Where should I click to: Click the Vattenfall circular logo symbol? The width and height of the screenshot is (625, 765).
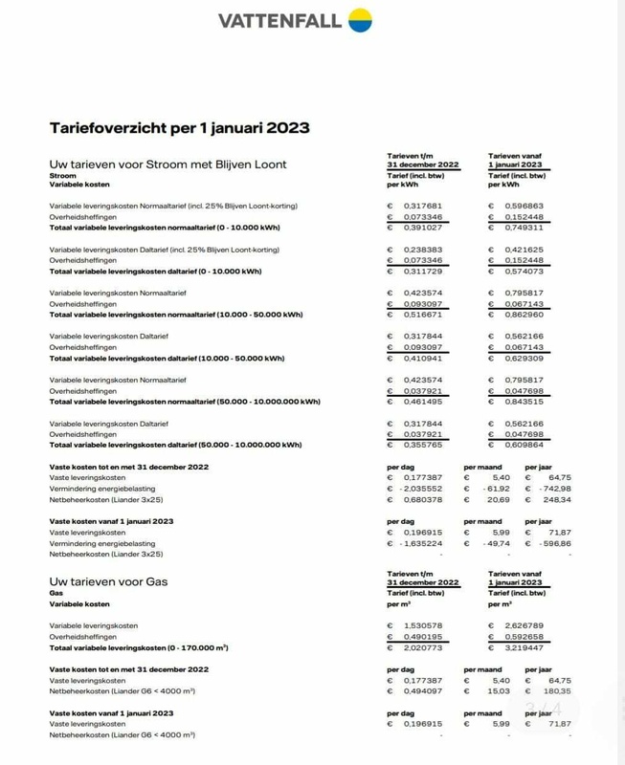pos(360,19)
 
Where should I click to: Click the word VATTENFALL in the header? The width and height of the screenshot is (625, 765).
pos(279,20)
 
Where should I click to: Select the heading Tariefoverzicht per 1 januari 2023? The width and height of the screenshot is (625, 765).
pos(179,128)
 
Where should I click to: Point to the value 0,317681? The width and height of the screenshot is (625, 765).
pos(421,206)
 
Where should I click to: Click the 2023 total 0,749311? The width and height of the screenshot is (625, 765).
pos(524,228)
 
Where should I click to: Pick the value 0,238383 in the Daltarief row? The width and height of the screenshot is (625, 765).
pos(421,249)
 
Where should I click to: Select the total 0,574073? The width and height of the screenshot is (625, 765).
pos(524,272)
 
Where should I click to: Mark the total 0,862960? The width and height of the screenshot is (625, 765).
pos(524,315)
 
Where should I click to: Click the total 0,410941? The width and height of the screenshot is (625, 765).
pos(421,359)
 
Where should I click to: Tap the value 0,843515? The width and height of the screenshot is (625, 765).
pos(524,402)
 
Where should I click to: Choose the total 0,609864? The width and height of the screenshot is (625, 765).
pos(524,445)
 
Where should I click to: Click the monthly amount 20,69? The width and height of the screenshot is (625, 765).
pos(498,499)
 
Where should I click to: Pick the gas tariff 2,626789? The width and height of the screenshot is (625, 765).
pos(524,625)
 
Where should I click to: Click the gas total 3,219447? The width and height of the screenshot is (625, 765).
pos(524,647)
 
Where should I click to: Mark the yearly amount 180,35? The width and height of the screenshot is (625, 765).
pos(555,690)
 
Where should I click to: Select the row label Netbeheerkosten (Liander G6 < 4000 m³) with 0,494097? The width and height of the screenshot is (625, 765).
pos(123,690)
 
